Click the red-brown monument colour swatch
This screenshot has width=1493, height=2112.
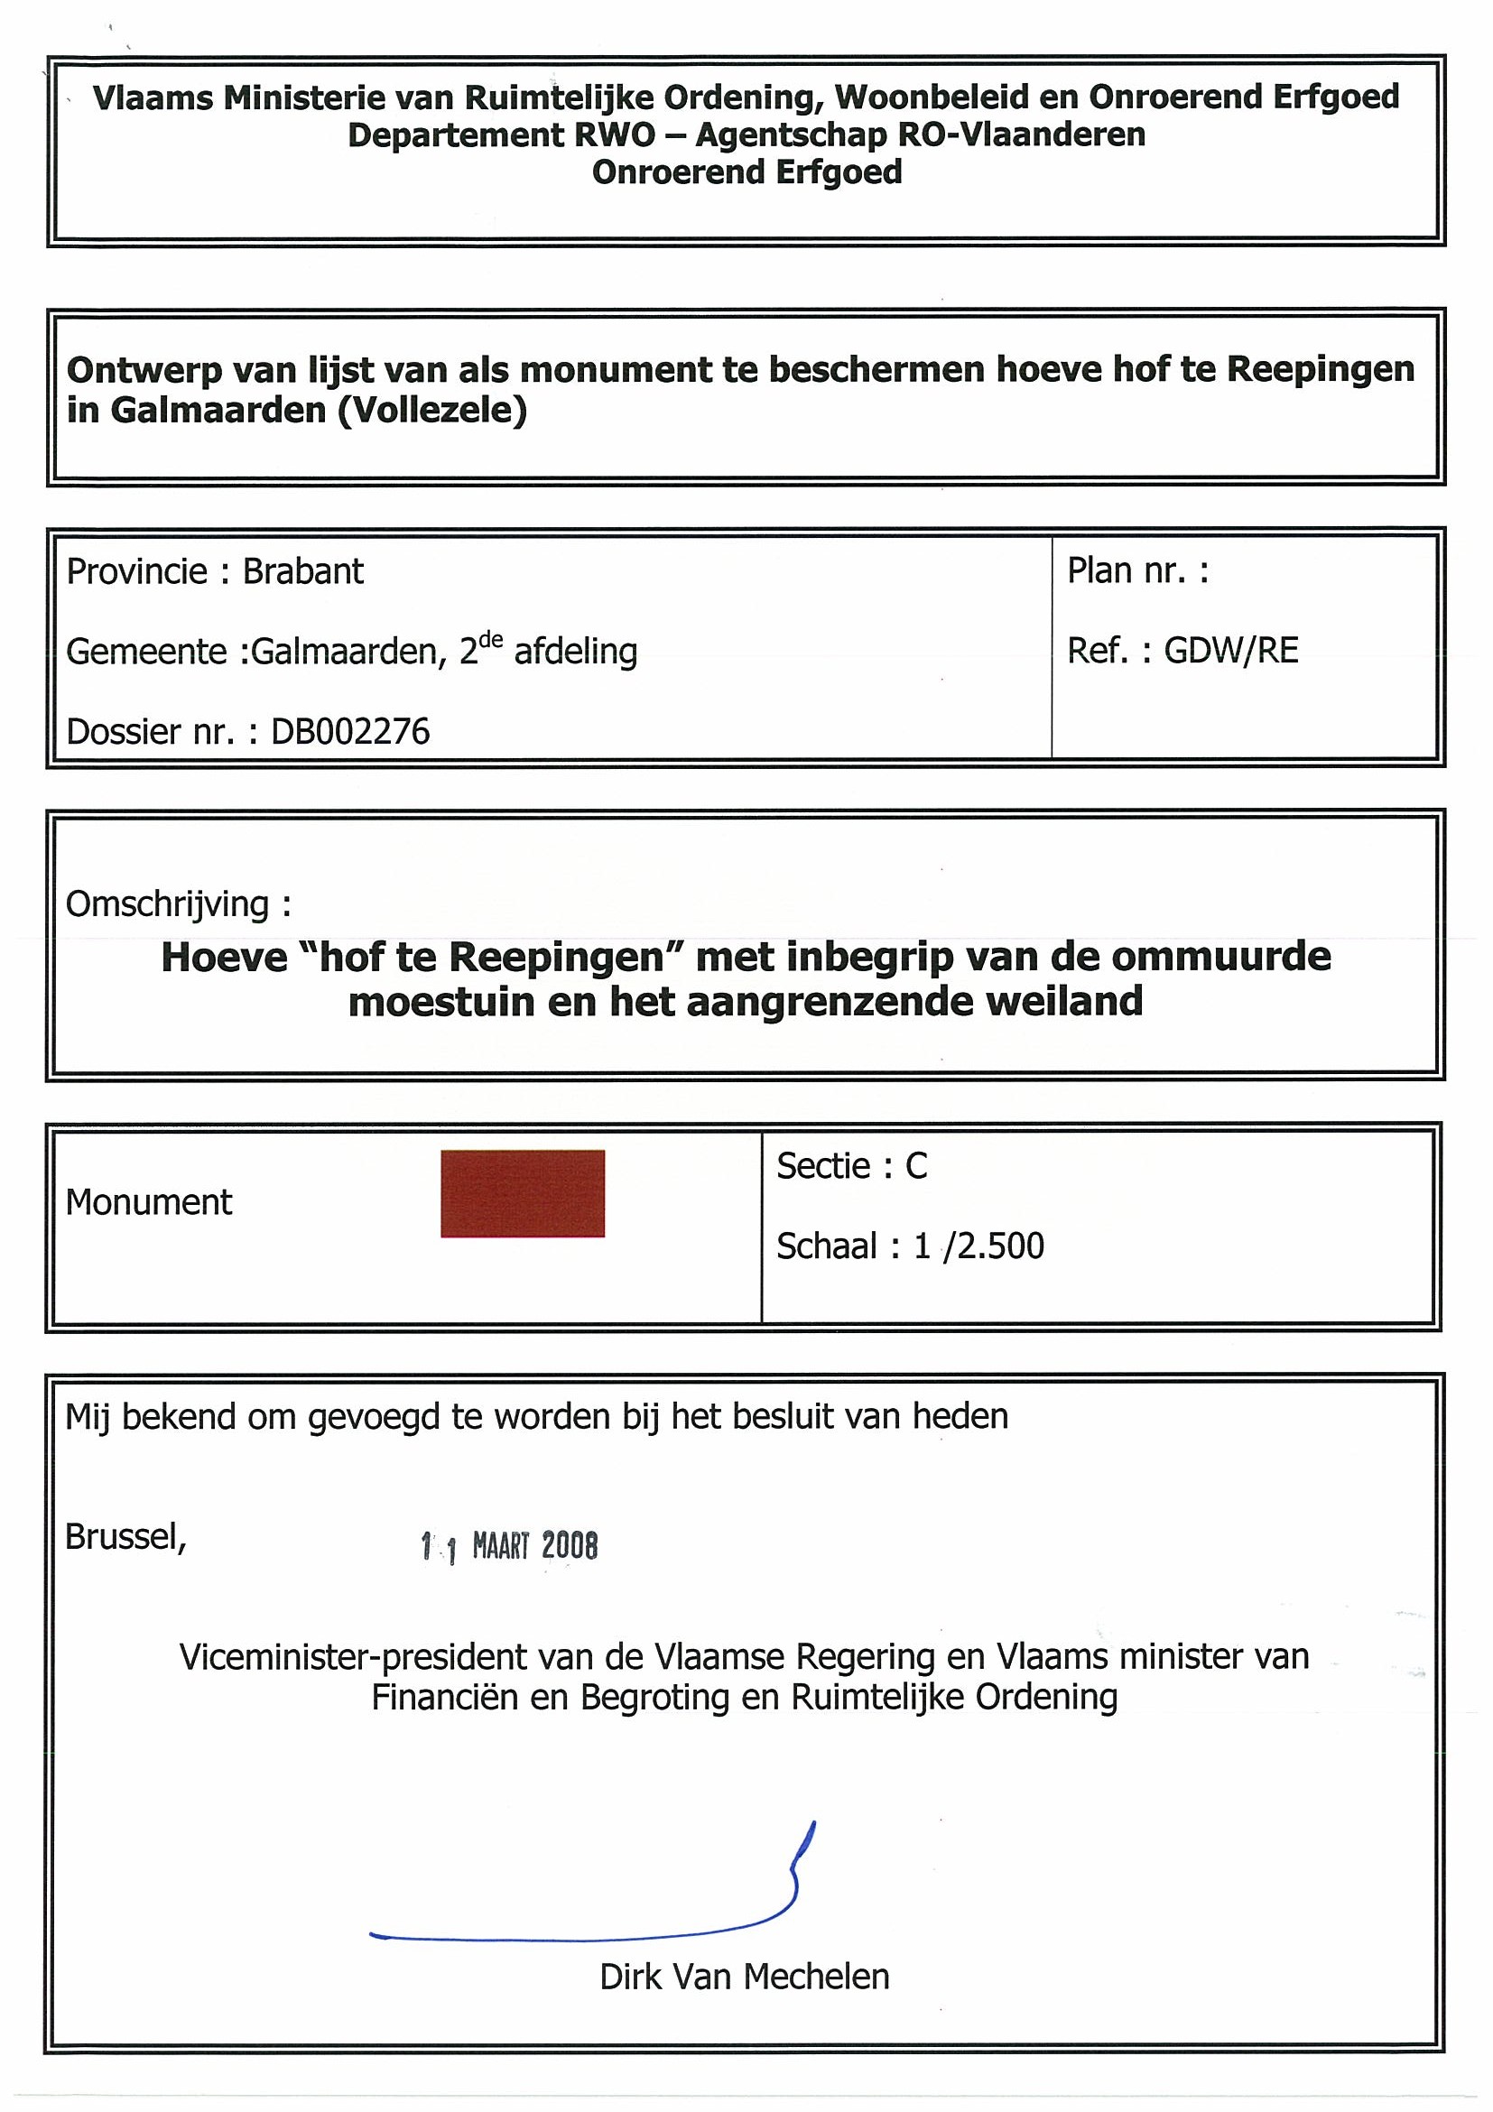point(523,1193)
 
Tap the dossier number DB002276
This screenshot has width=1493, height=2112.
point(350,732)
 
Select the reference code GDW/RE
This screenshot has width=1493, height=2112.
point(1231,652)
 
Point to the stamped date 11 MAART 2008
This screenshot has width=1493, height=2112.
point(510,1546)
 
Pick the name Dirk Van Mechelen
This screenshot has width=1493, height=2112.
point(744,1977)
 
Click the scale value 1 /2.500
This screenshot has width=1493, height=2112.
point(978,1246)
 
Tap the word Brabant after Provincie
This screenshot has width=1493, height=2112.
point(302,572)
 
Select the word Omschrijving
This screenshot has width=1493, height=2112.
point(166,904)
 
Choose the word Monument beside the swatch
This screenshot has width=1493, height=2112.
point(149,1202)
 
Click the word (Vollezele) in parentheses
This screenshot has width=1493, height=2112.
point(432,411)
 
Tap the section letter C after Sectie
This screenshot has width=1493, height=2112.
point(916,1166)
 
